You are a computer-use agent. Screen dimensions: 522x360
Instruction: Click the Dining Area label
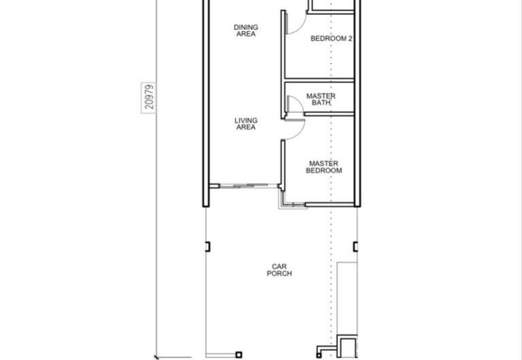[246, 31]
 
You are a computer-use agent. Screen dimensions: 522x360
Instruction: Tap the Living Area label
[246, 124]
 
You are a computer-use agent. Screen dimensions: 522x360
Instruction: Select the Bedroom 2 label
[331, 38]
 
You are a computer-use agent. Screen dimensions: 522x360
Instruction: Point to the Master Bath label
[321, 100]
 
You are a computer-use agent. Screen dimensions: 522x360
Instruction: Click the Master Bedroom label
[324, 167]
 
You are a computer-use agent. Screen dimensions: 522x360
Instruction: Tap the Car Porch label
[279, 270]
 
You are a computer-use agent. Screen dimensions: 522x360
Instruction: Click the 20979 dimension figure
[149, 97]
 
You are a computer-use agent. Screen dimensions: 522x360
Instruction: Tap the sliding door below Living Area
[249, 186]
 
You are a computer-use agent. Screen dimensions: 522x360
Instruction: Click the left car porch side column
[207, 247]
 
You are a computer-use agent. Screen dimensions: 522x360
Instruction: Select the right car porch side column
[356, 247]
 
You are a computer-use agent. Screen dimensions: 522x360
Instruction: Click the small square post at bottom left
[239, 355]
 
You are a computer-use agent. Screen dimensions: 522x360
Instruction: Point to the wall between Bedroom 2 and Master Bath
[319, 80]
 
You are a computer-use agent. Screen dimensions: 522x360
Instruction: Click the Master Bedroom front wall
[330, 204]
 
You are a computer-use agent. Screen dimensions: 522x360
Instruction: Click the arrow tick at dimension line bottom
[157, 357]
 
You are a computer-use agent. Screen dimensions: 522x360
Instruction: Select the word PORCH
[279, 273]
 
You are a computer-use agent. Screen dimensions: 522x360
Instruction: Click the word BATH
[321, 103]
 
